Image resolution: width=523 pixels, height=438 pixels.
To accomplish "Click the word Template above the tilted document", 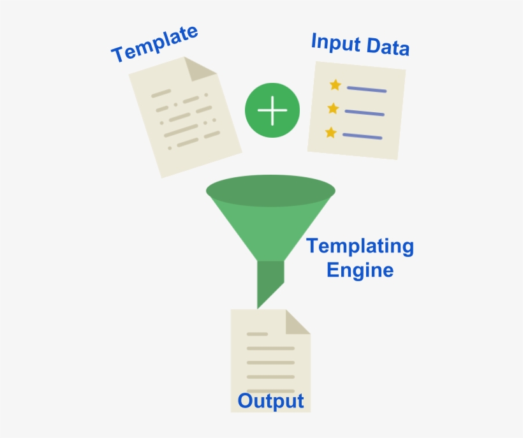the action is tap(155, 44).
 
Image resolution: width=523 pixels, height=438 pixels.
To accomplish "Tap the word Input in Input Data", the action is tap(334, 42).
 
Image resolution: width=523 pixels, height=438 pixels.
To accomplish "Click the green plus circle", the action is tap(272, 110).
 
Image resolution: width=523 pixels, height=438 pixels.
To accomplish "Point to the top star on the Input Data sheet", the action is tap(335, 85).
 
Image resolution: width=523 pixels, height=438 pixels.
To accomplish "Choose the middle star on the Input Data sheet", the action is tap(333, 108).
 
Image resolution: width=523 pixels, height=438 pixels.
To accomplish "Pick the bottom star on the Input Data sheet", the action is tap(330, 133).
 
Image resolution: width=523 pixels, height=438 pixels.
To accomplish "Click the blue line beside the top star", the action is tap(367, 89).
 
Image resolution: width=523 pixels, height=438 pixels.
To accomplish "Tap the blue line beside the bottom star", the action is tap(362, 136).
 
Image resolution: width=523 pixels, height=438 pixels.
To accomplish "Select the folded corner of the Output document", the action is tap(297, 322).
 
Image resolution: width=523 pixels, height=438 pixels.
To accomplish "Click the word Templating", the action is tap(360, 246).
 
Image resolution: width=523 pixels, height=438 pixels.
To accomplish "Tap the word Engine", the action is tap(360, 270).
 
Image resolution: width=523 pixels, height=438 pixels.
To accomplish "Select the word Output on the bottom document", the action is tap(270, 401).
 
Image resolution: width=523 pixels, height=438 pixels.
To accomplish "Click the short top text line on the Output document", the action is tap(257, 333).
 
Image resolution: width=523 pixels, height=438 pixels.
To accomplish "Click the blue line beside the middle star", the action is tap(364, 112).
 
